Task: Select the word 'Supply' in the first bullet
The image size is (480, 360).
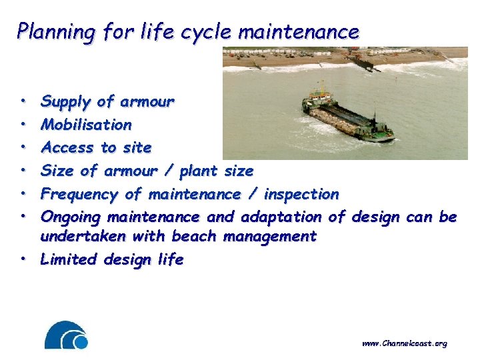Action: [65, 102]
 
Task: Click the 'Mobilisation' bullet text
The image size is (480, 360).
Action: [86, 125]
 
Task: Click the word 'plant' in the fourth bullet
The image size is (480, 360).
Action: [193, 171]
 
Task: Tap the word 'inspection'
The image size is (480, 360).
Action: [301, 194]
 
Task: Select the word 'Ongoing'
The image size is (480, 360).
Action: [71, 217]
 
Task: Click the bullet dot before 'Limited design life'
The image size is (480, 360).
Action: [24, 260]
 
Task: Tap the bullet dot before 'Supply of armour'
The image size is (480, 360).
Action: [24, 103]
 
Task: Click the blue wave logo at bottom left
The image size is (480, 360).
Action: [66, 335]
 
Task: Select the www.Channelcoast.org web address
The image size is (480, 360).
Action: [404, 343]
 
